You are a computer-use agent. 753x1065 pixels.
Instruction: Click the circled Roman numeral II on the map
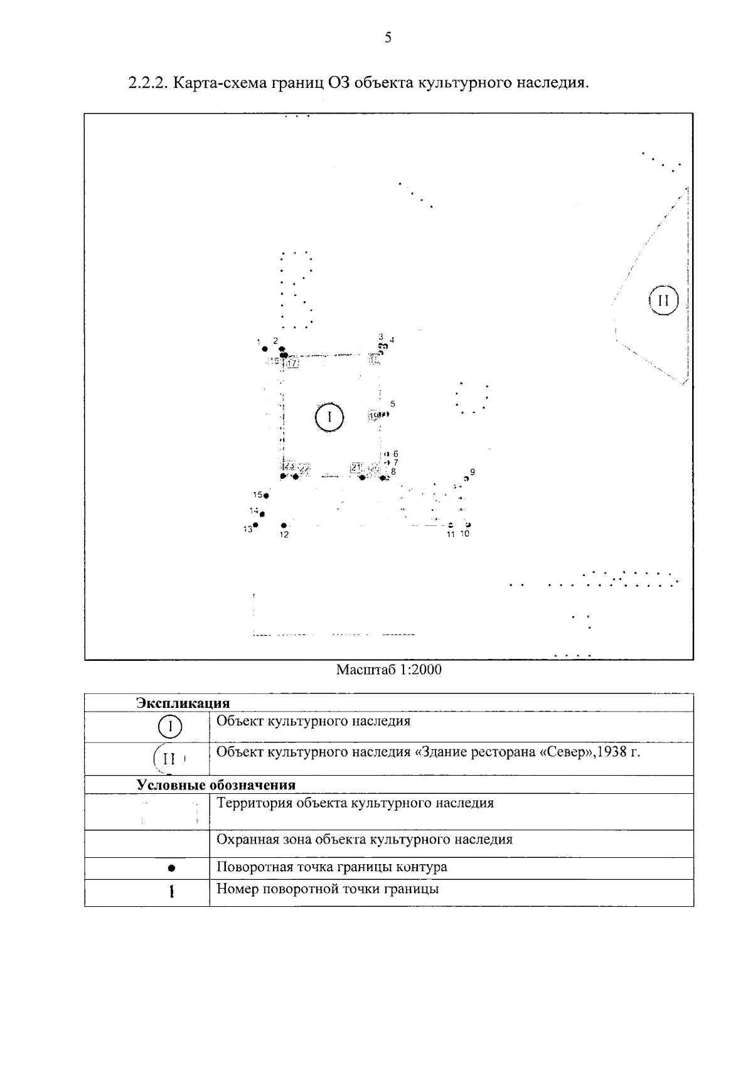[x=663, y=301]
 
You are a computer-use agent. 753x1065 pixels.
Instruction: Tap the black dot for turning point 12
[x=284, y=525]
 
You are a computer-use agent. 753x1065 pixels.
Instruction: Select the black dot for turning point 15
[x=266, y=496]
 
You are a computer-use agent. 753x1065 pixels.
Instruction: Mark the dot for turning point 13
[x=255, y=525]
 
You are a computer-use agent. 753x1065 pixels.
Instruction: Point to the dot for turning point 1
[x=265, y=349]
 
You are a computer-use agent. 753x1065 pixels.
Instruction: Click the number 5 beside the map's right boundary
[x=393, y=404]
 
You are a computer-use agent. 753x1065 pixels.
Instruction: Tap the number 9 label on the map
[x=473, y=471]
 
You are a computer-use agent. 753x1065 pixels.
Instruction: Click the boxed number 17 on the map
[x=293, y=363]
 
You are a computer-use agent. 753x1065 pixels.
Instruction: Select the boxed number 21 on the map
[x=356, y=468]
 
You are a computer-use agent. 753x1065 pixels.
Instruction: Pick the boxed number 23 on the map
[x=289, y=466]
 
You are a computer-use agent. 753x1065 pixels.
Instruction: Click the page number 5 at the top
[x=388, y=38]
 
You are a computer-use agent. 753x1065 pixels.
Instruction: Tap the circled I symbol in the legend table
[x=170, y=727]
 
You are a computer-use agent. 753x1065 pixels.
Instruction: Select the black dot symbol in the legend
[x=171, y=869]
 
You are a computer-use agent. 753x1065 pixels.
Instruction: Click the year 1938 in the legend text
[x=612, y=752]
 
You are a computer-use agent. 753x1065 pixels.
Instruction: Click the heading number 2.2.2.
[x=146, y=83]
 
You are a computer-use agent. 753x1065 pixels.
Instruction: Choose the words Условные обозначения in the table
[x=216, y=785]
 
